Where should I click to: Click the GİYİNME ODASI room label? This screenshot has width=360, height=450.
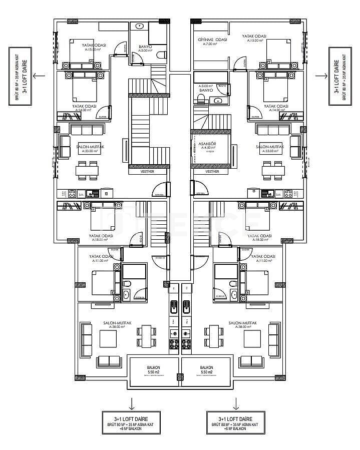[x=213, y=39]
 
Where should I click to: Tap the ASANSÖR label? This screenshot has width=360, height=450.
[x=207, y=143]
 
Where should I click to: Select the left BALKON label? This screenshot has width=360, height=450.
[x=153, y=366]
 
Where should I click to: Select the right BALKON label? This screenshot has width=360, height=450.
[x=206, y=366]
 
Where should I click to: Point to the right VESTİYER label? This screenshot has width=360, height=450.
[x=212, y=171]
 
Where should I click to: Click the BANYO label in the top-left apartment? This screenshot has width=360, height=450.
[x=146, y=46]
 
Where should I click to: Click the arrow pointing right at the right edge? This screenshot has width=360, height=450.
[x=321, y=76]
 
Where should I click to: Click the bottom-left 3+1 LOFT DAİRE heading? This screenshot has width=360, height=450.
[x=131, y=418]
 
